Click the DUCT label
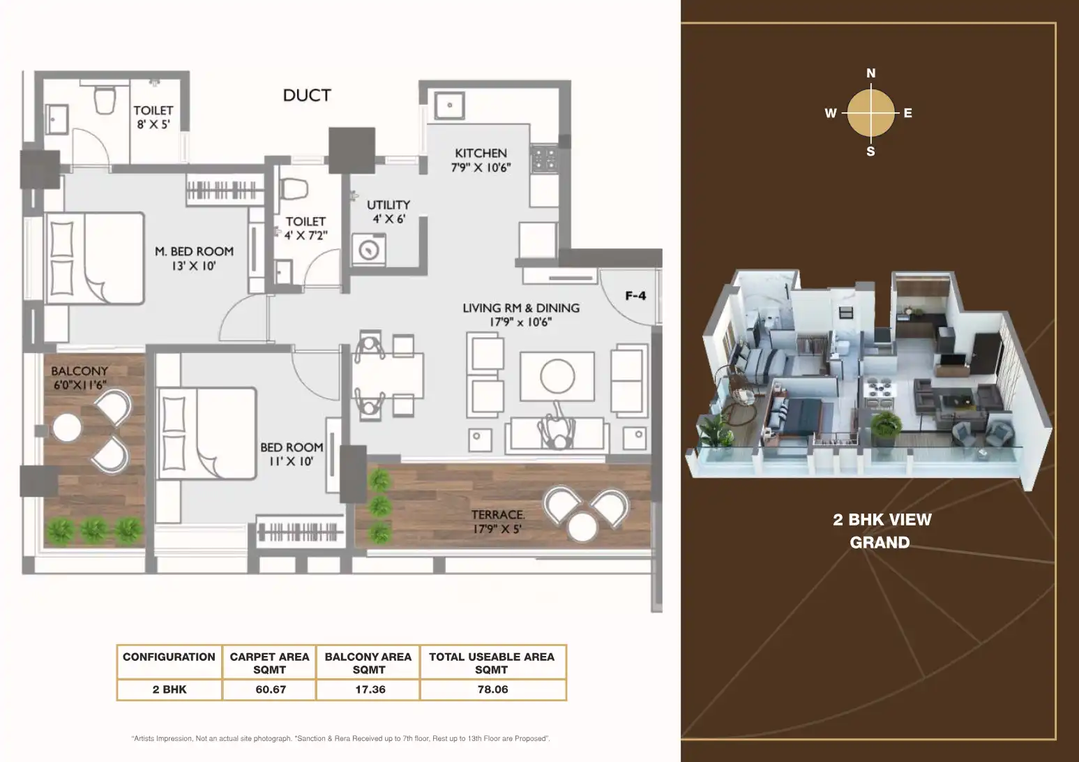pos(307,96)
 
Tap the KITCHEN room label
pos(481,154)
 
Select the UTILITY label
pos(388,205)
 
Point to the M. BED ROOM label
pos(194,252)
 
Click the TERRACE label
pos(498,515)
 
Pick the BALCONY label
pos(80,371)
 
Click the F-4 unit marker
pos(635,296)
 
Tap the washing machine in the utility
pos(369,250)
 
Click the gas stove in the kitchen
pos(544,158)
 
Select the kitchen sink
pos(449,105)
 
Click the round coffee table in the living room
pos(557,376)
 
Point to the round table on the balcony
pos(67,428)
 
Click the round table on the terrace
pos(582,527)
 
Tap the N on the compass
pos(871,73)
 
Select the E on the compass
pos(908,113)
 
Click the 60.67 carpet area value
pos(271,689)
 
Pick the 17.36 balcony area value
pos(370,689)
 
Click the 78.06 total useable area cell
pos(493,689)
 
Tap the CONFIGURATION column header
pos(169,657)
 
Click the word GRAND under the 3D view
pos(880,543)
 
